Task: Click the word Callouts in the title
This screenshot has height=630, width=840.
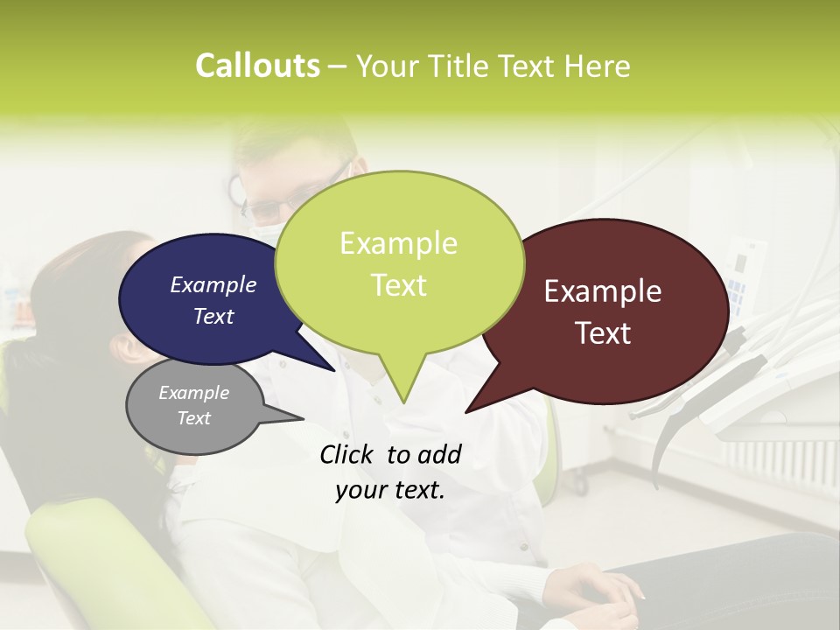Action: tap(257, 66)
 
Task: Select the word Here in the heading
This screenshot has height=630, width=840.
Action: tap(596, 66)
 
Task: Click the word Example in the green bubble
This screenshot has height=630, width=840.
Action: tap(398, 243)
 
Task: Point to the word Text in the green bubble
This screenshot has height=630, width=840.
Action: tap(399, 284)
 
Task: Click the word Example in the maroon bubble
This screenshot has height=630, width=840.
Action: tap(603, 291)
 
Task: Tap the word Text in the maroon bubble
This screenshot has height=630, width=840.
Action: tap(604, 333)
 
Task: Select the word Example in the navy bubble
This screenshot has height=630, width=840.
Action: tap(213, 284)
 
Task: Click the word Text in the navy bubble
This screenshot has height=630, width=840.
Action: tap(213, 316)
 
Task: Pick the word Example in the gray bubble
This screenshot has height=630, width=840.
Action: tap(194, 393)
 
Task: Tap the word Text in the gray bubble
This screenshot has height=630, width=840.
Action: tap(194, 418)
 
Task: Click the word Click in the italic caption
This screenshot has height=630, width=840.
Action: tap(347, 454)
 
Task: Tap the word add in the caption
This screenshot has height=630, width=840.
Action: tap(439, 454)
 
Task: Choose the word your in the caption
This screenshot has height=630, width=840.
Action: tap(360, 490)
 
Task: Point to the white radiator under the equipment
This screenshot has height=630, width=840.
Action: tap(779, 464)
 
